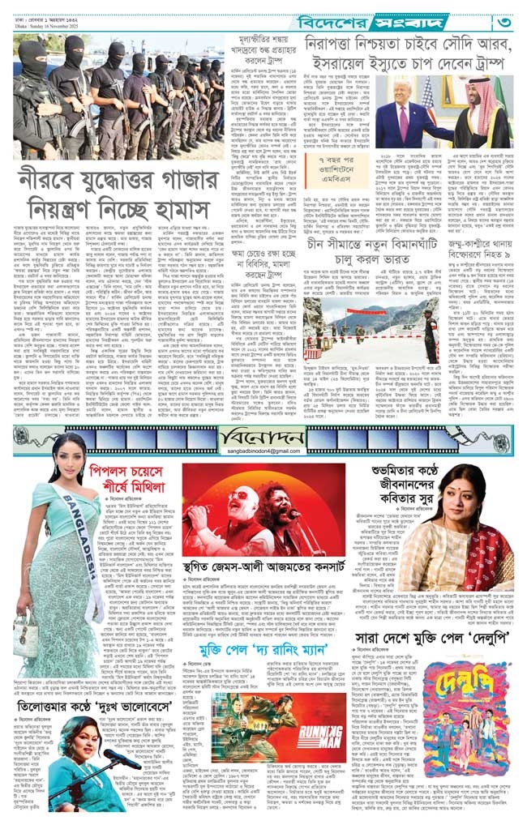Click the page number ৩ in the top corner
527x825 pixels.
[503, 17]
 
